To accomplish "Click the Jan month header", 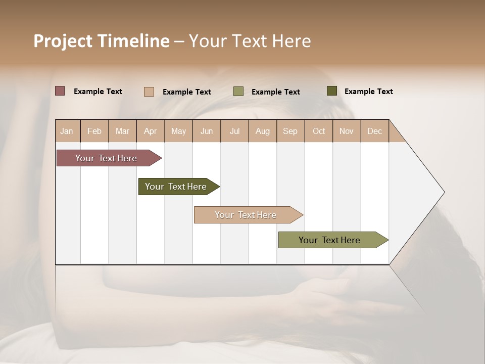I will (67, 131).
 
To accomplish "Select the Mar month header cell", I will (122, 131).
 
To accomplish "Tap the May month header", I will (178, 131).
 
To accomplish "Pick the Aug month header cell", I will (262, 131).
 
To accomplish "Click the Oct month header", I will (319, 131).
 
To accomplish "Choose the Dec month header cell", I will (374, 131).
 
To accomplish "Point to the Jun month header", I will (207, 131).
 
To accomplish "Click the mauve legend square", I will (60, 91).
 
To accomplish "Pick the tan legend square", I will (149, 92).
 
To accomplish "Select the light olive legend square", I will (238, 92).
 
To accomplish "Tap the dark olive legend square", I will (332, 91).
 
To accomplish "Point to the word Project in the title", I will (63, 41).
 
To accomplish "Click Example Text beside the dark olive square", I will (368, 92).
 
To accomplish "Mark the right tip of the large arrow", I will (444, 192).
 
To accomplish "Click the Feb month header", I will (94, 131).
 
